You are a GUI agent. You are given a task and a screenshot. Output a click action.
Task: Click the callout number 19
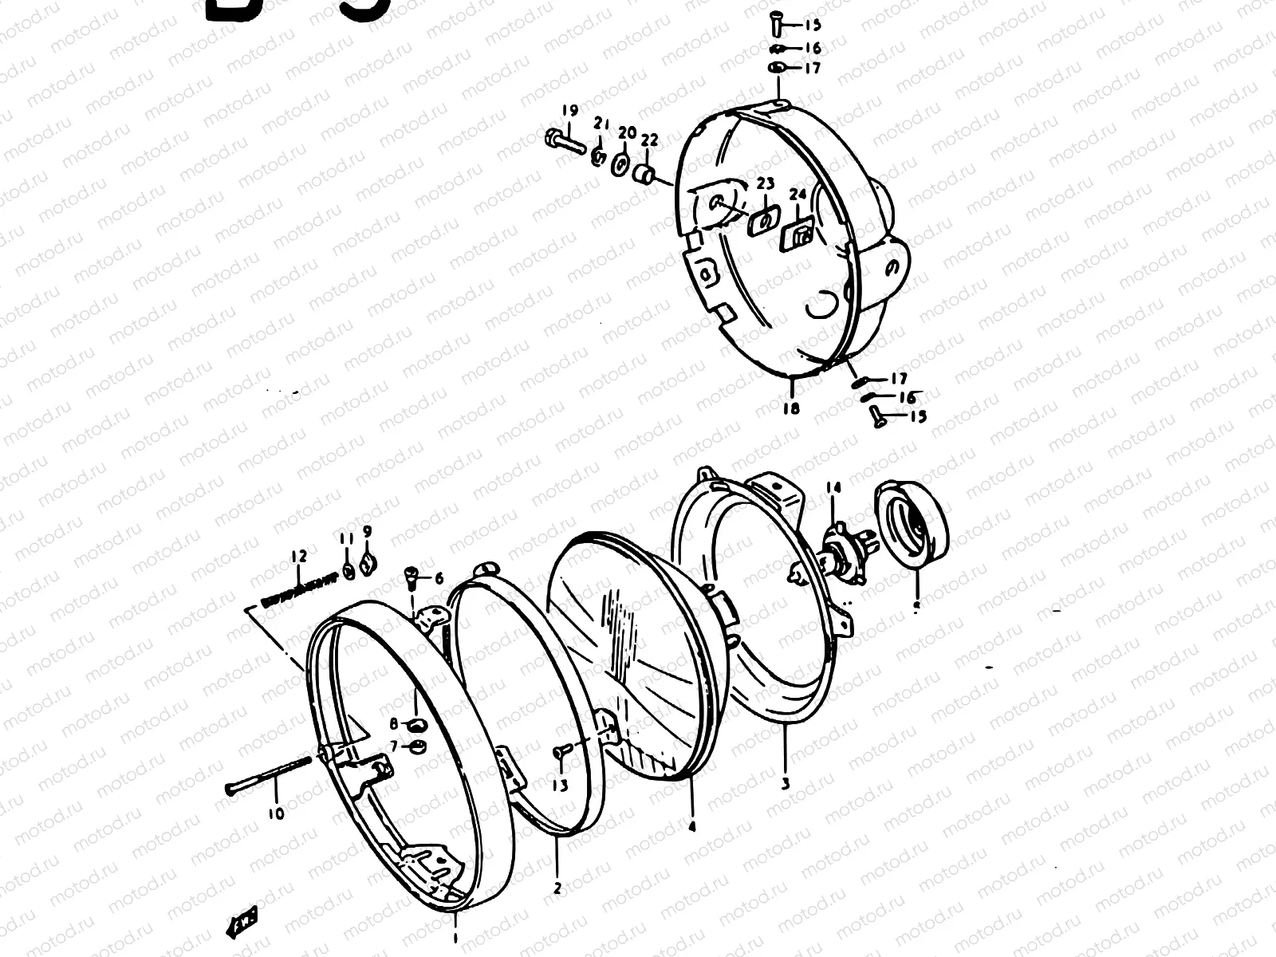[x=569, y=110]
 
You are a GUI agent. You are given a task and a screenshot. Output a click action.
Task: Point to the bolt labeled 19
[x=563, y=142]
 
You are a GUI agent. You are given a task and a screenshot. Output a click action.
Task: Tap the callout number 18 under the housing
[x=790, y=408]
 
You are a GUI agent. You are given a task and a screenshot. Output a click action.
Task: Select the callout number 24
[x=798, y=194]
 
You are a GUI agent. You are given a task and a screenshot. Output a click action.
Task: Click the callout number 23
[x=765, y=184]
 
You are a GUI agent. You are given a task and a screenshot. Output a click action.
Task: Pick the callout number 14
[x=833, y=488]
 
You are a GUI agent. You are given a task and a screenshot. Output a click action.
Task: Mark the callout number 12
[x=299, y=557]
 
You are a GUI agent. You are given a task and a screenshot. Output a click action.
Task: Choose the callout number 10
[x=275, y=814]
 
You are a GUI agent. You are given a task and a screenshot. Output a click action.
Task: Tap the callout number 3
[x=786, y=783]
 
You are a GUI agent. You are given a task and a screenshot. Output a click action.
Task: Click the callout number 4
[x=691, y=827]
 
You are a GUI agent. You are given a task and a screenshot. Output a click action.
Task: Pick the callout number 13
[x=561, y=786]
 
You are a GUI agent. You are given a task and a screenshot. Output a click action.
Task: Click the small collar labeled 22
[x=646, y=173]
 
